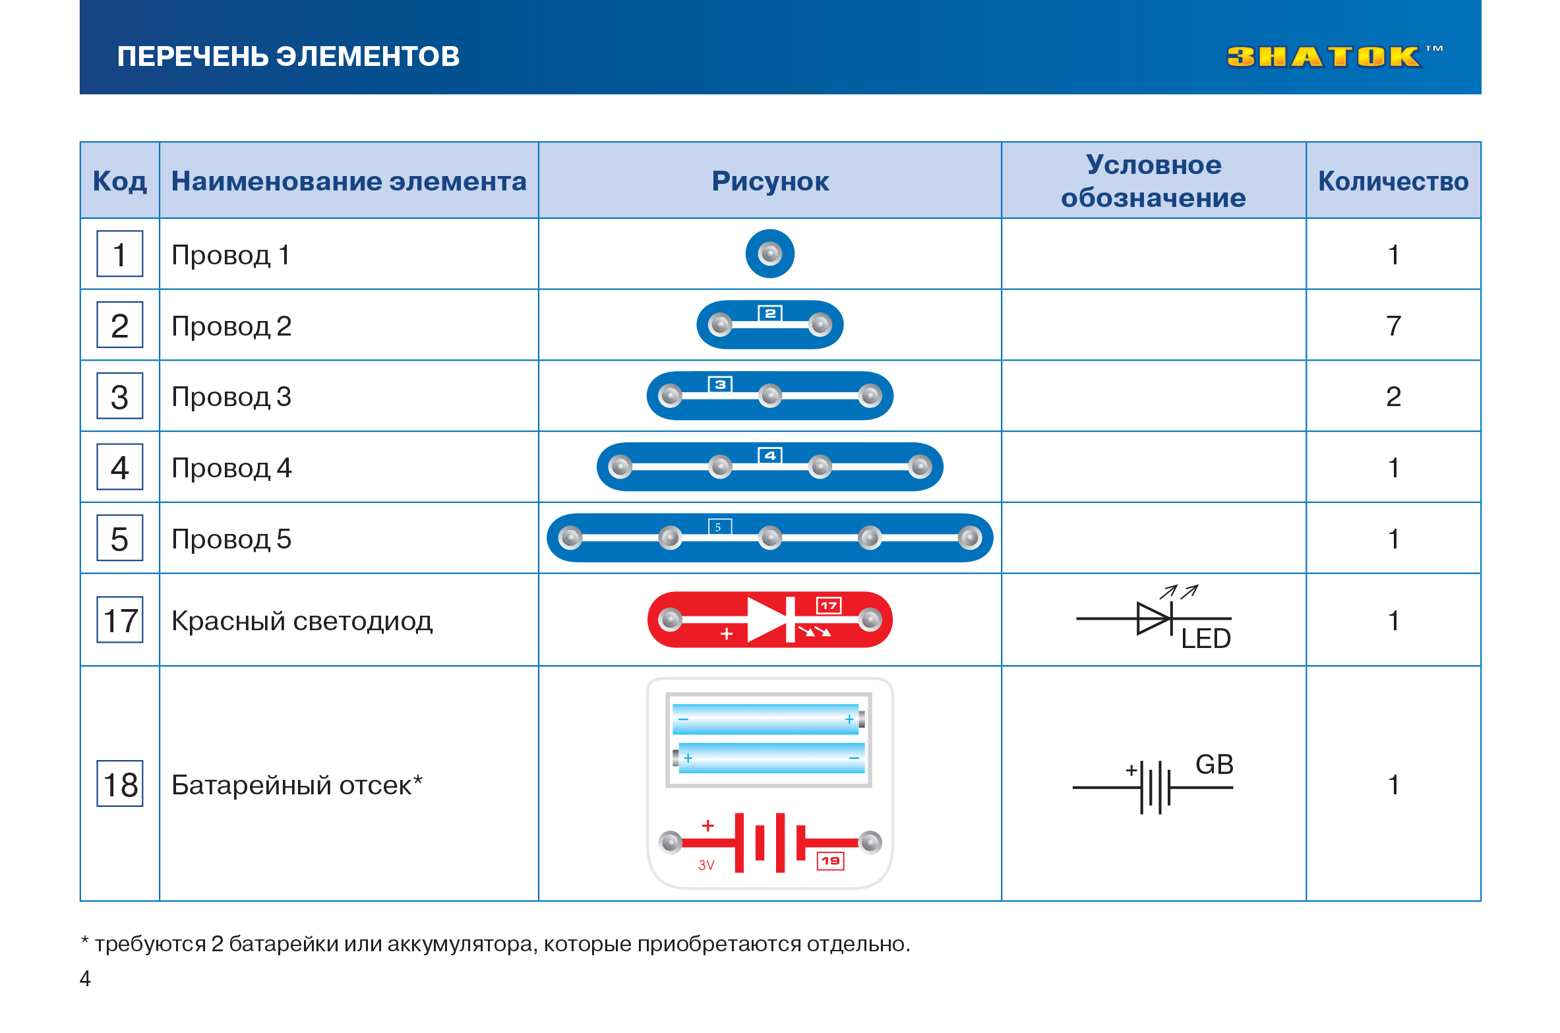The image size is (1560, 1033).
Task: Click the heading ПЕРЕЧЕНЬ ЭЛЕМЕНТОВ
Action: [288, 57]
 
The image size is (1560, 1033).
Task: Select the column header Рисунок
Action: [769, 181]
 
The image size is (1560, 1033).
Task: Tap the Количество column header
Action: [1393, 181]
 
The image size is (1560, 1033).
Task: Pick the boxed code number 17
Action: [120, 620]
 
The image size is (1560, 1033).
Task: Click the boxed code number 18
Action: [120, 784]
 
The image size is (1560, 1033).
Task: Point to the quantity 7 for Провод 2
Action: [1393, 326]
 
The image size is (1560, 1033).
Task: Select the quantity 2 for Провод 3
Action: [1393, 397]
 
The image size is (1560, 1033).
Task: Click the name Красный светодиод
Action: [301, 621]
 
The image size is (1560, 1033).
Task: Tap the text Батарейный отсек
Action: [291, 785]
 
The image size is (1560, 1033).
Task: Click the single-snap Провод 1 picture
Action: [769, 254]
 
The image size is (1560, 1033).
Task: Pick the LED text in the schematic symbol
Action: [1205, 639]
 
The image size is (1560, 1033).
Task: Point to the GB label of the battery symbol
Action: [1214, 765]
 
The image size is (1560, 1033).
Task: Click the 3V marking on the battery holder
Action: [706, 866]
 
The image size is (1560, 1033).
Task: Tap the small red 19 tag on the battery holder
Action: [830, 861]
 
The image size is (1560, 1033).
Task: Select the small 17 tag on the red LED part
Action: [828, 605]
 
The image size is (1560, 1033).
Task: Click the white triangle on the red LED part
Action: [765, 620]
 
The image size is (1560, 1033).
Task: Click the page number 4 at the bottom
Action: [85, 978]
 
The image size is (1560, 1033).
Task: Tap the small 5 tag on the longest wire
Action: [719, 527]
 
